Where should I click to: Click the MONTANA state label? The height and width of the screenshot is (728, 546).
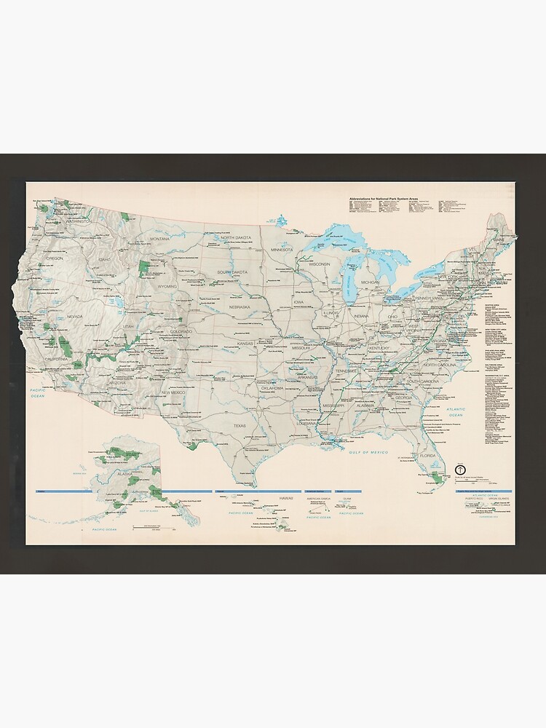[159, 239]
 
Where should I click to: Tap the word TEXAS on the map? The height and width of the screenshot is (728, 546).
[240, 426]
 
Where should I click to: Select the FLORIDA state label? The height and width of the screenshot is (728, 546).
[427, 456]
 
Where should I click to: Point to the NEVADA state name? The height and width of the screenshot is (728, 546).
[74, 317]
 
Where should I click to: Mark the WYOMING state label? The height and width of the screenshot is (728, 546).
[167, 287]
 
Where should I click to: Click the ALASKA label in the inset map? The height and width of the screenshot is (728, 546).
[124, 474]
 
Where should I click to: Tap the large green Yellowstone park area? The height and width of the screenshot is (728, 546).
[144, 267]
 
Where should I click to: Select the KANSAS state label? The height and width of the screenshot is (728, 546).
[245, 343]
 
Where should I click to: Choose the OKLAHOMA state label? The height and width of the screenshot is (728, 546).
[272, 388]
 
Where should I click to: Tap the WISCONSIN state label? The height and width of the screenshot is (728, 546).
[319, 264]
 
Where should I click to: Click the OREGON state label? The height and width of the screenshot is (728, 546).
[55, 258]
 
